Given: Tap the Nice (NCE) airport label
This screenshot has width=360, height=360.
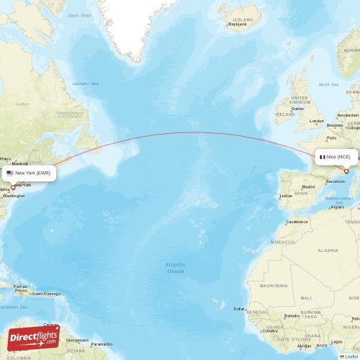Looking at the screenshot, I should tap(336, 156).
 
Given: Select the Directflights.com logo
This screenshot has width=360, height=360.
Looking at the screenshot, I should tap(33, 337).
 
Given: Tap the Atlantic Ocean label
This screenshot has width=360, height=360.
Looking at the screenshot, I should tap(175, 268).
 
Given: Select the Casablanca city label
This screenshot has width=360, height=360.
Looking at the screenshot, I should tap(296, 222).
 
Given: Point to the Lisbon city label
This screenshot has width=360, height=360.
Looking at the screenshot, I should tap(286, 195).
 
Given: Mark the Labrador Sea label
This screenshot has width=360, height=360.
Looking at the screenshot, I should tap(85, 83).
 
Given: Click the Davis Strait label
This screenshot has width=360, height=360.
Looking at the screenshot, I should tap(79, 14).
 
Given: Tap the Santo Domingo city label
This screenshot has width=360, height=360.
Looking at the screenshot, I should tap(46, 293).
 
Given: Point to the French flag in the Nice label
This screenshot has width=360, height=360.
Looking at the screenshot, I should tap(323, 156).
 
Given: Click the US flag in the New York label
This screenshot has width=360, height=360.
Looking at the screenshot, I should tap(10, 174).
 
